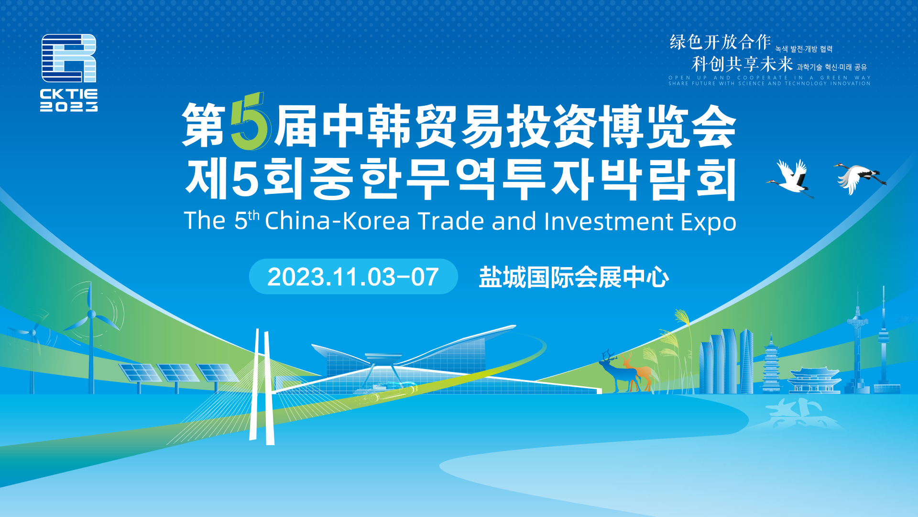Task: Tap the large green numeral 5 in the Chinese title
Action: [250, 122]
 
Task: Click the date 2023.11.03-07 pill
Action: [353, 277]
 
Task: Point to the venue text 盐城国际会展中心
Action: [574, 277]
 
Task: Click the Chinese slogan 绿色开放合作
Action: [720, 42]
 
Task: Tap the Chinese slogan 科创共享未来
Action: [742, 64]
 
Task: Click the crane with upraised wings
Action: [792, 177]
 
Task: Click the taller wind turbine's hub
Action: [91, 315]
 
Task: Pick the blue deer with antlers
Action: [619, 371]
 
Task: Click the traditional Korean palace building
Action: [814, 380]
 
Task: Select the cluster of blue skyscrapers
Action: [726, 361]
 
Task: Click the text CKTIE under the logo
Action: [69, 94]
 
